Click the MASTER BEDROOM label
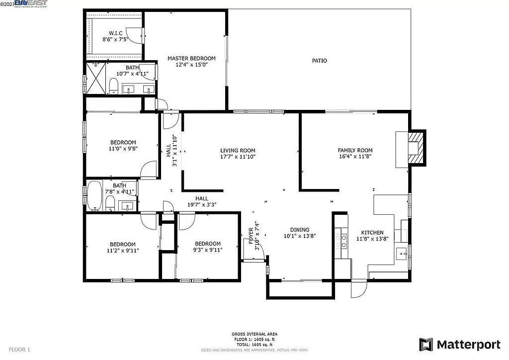pos(191,58)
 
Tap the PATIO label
pos(320,61)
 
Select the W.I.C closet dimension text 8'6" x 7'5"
pos(115,39)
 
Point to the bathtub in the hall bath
pos(94,197)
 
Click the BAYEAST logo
pos(31,3)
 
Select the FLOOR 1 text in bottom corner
pos(20,350)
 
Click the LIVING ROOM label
pos(238,150)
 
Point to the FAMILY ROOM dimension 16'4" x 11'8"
pos(355,156)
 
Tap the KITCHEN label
pos(372,232)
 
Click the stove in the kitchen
pos(341,241)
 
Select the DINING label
pos(296,230)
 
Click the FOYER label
pos(251,235)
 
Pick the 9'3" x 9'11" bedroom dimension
pos(208,250)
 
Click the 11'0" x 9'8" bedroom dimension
pos(123,148)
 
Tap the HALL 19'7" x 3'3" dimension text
pos(201,204)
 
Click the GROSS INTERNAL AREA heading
pos(254,334)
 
